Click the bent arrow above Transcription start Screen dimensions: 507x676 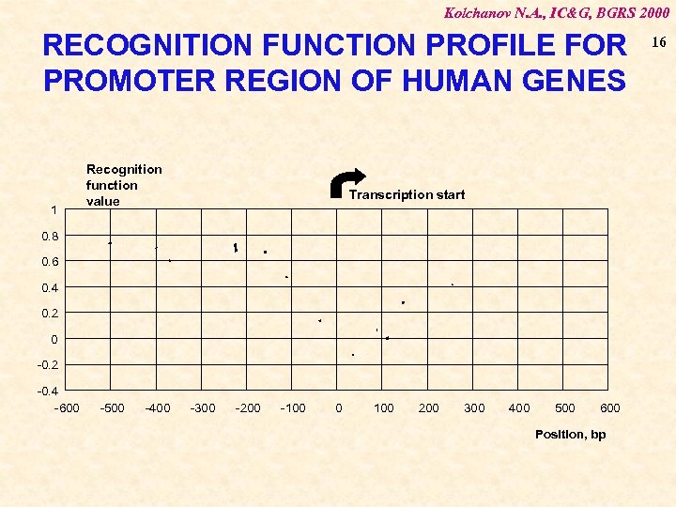[348, 184]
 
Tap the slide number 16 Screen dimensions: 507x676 [658, 42]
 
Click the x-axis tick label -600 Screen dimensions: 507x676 [67, 407]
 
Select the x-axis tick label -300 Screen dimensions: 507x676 [203, 407]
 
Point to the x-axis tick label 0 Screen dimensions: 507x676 [339, 407]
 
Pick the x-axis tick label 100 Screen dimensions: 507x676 [384, 407]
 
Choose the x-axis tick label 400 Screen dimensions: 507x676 [519, 407]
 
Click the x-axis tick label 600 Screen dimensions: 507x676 [610, 407]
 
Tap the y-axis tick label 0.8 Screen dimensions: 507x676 [49, 236]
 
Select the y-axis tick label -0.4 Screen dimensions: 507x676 [47, 391]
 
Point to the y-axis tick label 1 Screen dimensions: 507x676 [54, 209]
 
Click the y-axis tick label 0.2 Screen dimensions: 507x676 [49, 313]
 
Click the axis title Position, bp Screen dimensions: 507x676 [570, 434]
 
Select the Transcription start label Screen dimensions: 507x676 [407, 195]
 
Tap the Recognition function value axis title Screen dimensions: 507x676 [124, 185]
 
